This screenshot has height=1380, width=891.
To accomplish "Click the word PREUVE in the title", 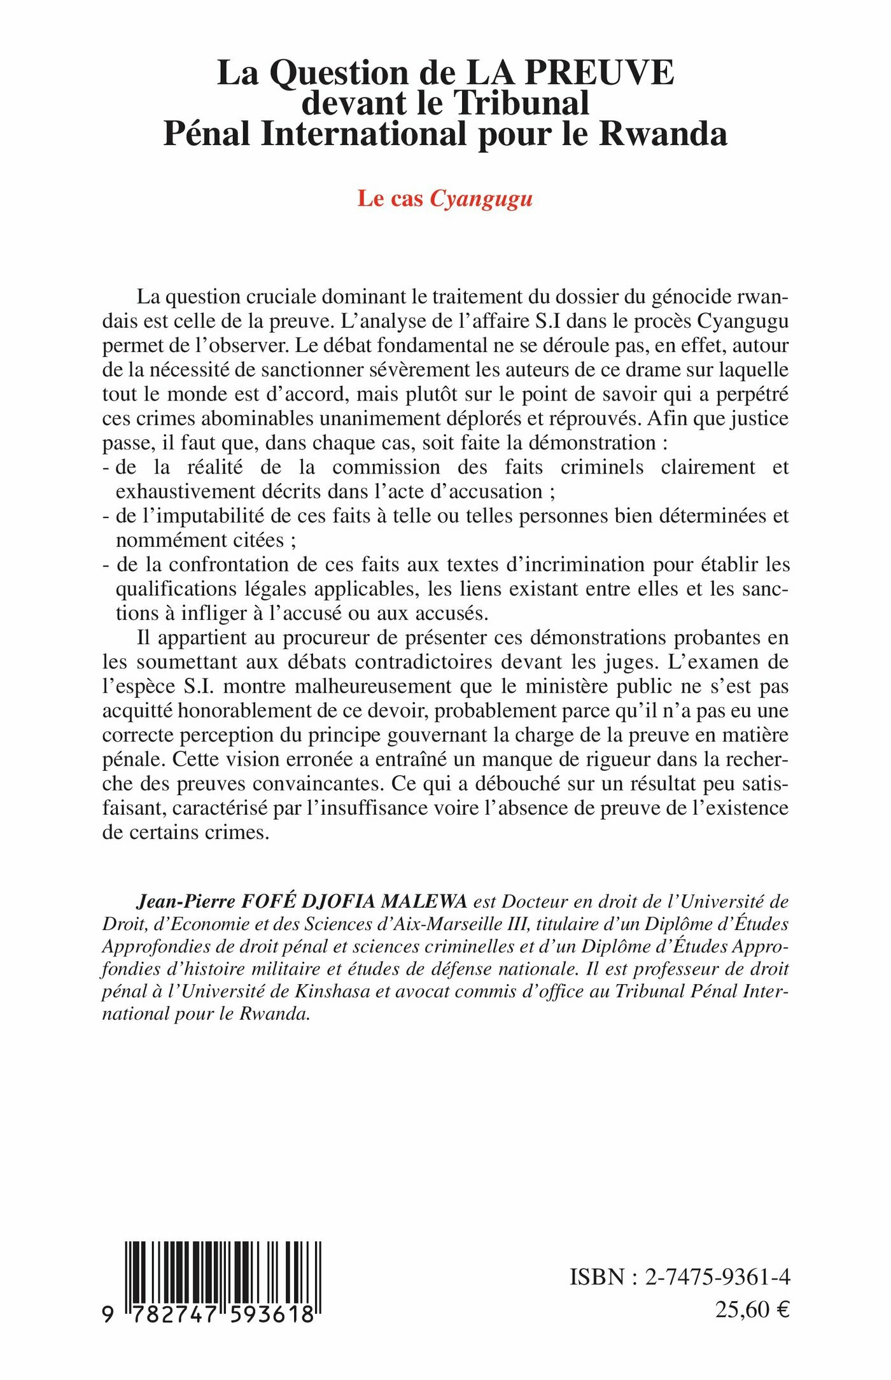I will pos(605,73).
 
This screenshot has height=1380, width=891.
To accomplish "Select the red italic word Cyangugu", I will pos(481,199).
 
